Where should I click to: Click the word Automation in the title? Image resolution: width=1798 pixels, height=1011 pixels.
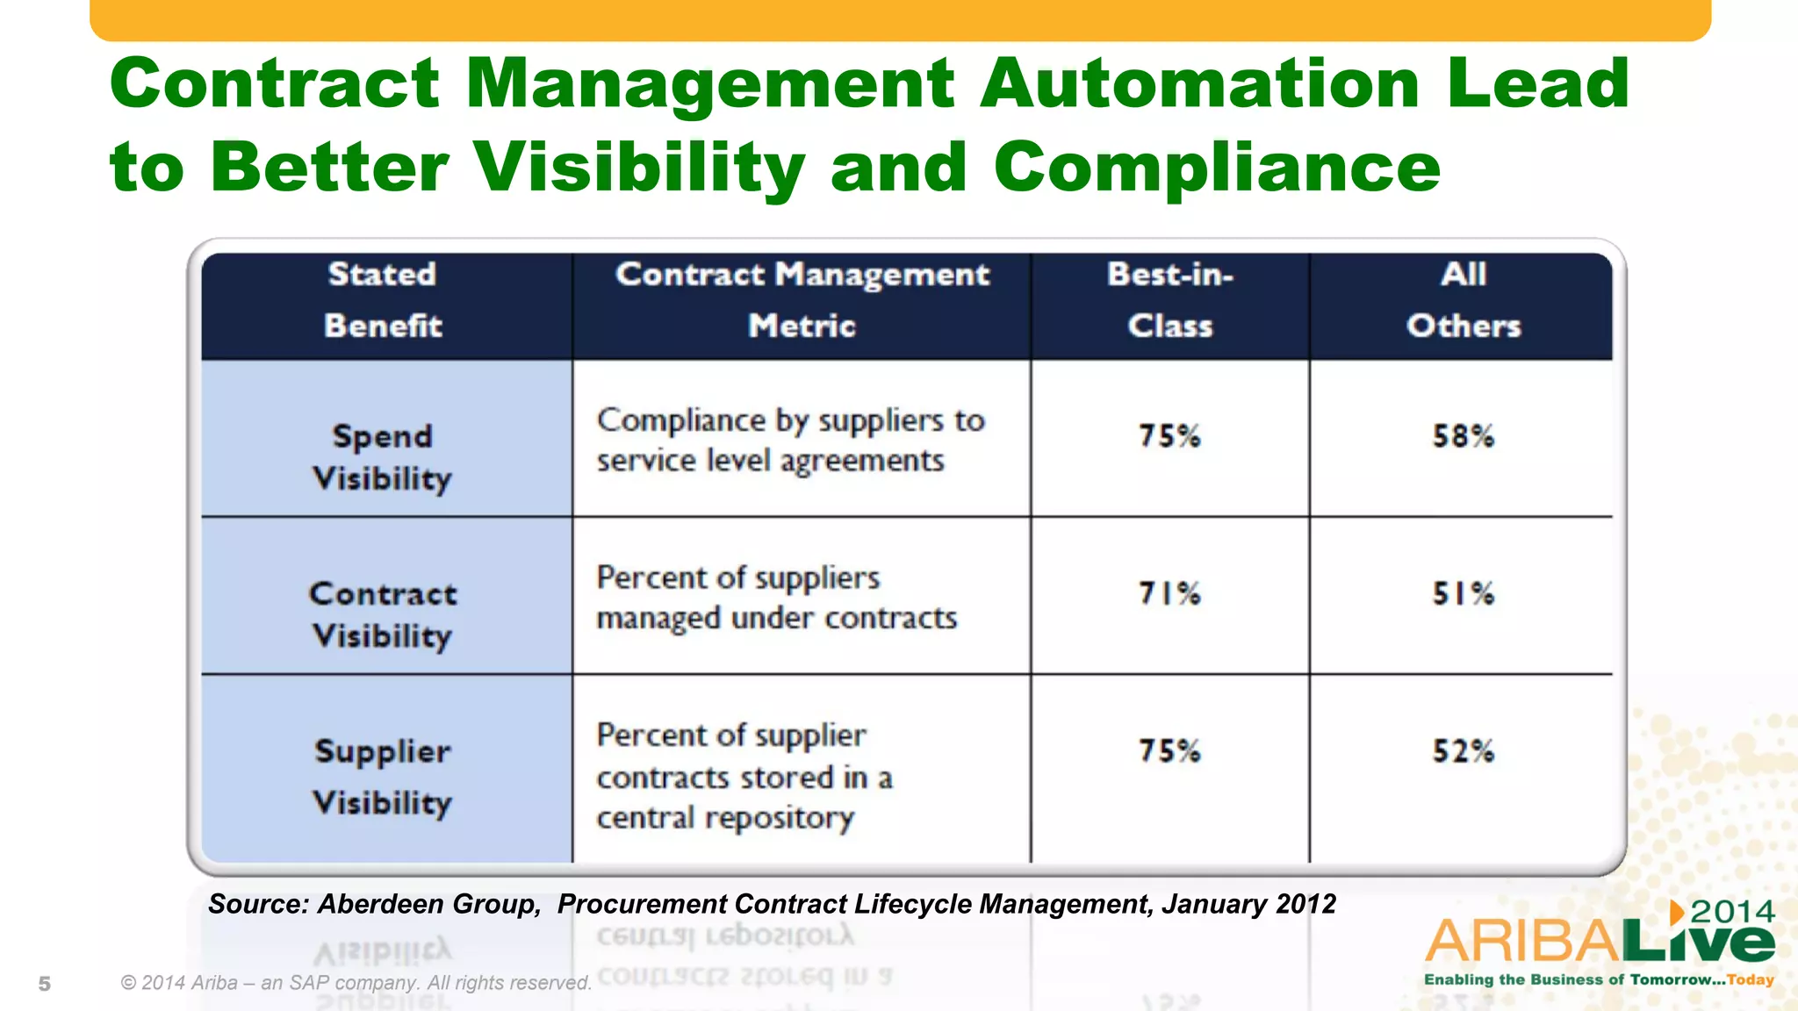point(1199,83)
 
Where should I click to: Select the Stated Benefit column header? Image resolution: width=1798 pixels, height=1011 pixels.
point(383,300)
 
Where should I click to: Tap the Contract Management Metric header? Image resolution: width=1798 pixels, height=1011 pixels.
point(802,300)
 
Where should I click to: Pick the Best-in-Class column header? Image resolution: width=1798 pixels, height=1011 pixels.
point(1169,300)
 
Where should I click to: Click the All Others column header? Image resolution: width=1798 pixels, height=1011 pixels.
point(1463,300)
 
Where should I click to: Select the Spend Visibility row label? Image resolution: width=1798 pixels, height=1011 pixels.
point(383,457)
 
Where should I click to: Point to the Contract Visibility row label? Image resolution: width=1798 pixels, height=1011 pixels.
point(383,614)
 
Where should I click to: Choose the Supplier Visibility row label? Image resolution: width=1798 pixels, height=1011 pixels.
point(383,777)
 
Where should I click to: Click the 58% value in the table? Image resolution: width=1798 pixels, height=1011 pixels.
point(1463,436)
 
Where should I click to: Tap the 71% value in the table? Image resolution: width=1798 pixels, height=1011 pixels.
point(1169,594)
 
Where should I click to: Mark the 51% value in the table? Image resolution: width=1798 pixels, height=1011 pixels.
point(1463,594)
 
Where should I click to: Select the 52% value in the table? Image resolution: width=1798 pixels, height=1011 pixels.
point(1463,751)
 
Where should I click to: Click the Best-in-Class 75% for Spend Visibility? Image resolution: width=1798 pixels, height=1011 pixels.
point(1169,436)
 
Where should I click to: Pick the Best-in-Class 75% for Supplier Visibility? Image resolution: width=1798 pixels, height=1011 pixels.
point(1169,751)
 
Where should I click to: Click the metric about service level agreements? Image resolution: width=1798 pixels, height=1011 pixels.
point(790,441)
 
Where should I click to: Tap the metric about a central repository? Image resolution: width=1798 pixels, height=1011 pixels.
point(744,777)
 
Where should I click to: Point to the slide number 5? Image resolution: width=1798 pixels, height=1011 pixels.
point(45,984)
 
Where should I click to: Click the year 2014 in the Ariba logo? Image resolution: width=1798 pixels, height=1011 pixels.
point(1732,912)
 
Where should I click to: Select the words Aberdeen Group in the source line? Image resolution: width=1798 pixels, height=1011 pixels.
point(428,904)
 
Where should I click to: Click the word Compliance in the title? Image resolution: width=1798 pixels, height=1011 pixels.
point(1217,167)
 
